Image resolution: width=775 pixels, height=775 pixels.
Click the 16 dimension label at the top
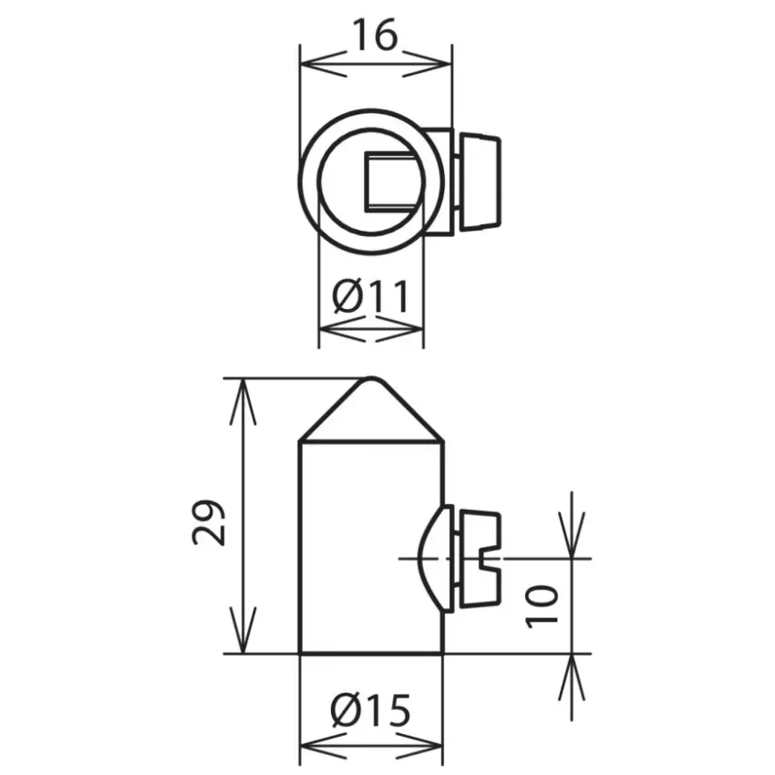click(376, 35)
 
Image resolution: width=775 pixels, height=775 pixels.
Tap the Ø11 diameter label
click(371, 296)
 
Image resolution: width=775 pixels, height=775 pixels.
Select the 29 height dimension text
click(209, 522)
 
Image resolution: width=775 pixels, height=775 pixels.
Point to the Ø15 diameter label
click(371, 710)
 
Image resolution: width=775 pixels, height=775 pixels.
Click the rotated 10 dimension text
click(542, 607)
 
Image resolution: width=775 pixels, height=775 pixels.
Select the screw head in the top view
click(480, 181)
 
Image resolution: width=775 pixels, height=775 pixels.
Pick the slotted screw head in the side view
click(480, 559)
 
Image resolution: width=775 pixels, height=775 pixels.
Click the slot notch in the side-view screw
click(491, 559)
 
